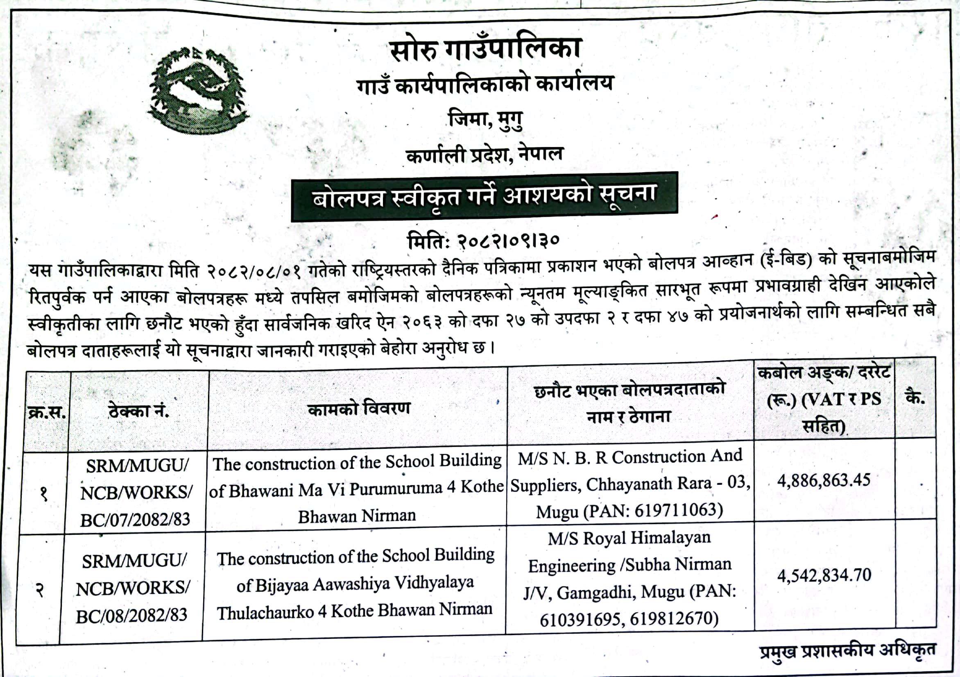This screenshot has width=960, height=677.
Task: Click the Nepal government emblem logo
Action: pyautogui.click(x=197, y=91)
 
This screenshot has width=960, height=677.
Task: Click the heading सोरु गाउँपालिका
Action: pyautogui.click(x=485, y=48)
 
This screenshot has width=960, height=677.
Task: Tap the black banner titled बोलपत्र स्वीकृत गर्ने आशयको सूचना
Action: pyautogui.click(x=484, y=196)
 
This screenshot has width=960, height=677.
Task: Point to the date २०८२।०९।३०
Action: pyautogui.click(x=507, y=240)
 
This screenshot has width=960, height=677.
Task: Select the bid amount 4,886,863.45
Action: pyautogui.click(x=823, y=480)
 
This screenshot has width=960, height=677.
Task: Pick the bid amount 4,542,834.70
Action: pyautogui.click(x=824, y=575)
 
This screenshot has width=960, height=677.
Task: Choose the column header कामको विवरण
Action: pyautogui.click(x=358, y=408)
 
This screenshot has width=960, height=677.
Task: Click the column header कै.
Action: pyautogui.click(x=915, y=397)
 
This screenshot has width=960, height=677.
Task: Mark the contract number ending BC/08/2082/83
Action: pyautogui.click(x=131, y=615)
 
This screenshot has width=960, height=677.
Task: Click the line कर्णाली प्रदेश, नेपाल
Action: pyautogui.click(x=485, y=155)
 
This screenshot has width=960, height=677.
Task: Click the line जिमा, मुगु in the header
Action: pyautogui.click(x=485, y=120)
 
